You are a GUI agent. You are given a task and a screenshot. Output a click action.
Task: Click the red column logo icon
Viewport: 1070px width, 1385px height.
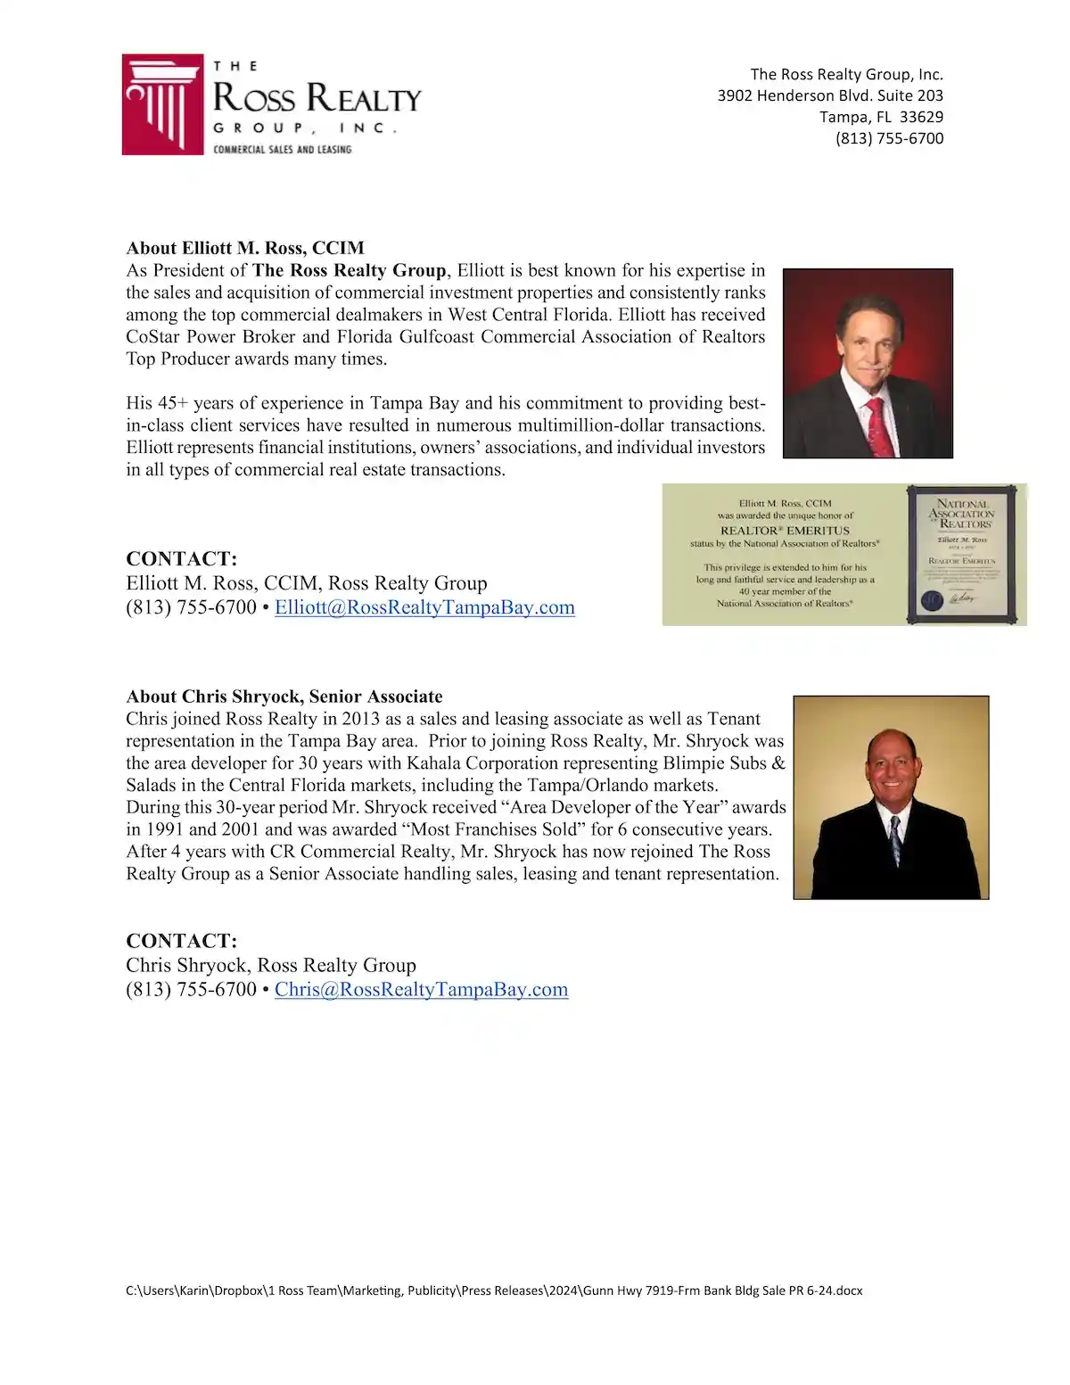coord(162,104)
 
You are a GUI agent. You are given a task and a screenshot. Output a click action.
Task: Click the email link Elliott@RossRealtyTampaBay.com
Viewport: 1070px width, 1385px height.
coord(424,607)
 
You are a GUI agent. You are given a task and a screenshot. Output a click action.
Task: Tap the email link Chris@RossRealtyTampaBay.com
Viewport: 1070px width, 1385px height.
coord(421,989)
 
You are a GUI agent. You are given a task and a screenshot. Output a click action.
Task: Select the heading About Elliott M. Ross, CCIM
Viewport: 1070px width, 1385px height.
coord(245,248)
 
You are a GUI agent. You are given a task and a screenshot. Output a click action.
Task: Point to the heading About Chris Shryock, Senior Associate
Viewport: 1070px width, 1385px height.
coord(284,697)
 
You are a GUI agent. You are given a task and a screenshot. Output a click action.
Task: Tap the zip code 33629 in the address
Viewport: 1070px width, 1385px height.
coord(921,117)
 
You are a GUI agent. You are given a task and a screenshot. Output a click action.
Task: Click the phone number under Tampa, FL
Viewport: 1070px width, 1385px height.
coord(889,138)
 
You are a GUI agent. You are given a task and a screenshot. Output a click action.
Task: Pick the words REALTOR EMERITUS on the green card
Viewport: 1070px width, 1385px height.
coord(785,530)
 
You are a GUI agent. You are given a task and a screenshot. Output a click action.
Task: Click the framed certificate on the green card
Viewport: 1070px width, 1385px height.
coord(961,553)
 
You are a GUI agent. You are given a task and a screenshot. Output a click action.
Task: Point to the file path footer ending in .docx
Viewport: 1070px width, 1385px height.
coord(494,1290)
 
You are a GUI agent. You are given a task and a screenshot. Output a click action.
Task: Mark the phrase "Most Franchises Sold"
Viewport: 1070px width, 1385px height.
coord(492,829)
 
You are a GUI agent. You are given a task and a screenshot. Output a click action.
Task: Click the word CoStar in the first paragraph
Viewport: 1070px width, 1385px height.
coord(152,336)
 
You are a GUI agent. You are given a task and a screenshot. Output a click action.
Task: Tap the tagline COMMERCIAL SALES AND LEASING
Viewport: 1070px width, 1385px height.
coord(282,149)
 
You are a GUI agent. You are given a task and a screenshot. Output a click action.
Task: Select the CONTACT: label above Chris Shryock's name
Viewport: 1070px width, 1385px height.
coord(182,941)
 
